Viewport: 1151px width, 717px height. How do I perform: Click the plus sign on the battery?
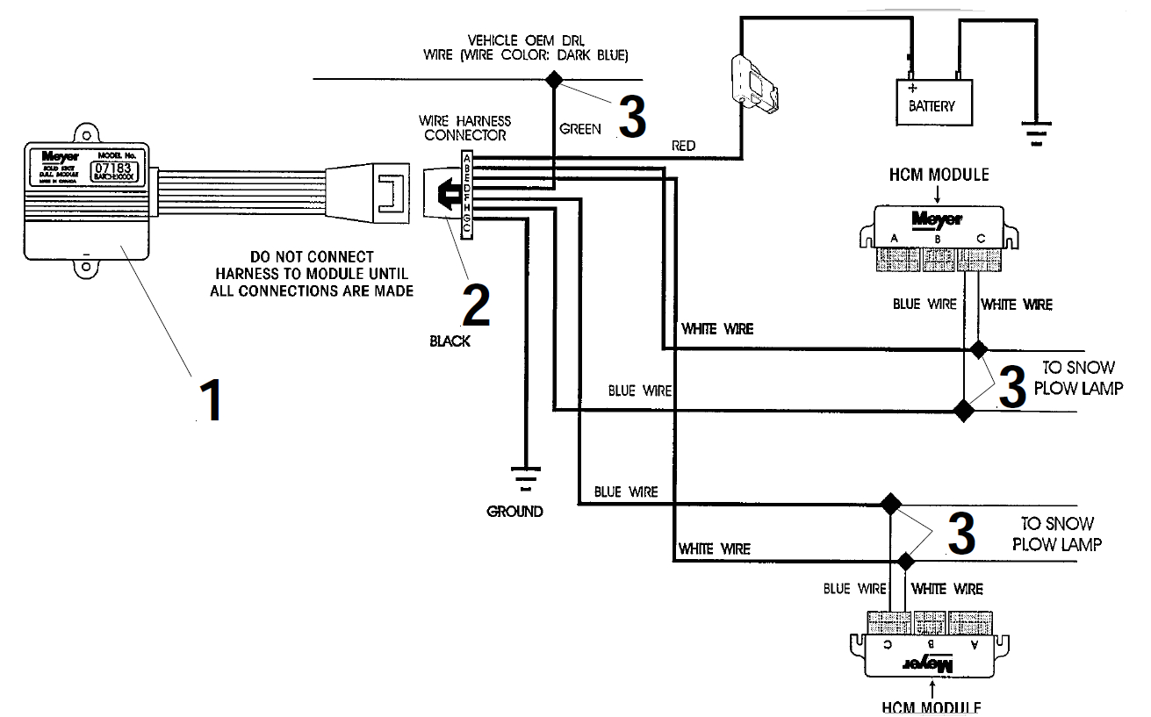912,89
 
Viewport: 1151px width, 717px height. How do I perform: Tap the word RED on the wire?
683,145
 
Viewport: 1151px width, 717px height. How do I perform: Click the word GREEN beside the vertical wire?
580,129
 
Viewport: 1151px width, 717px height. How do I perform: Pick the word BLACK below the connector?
450,341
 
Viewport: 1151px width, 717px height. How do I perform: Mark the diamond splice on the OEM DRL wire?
554,79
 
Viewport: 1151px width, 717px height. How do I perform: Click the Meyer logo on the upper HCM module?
937,219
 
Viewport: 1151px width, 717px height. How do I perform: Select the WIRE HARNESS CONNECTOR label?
464,128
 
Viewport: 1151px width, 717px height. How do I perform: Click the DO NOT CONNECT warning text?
312,274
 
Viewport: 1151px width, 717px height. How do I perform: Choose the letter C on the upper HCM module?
981,239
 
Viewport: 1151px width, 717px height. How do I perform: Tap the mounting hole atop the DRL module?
86,135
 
